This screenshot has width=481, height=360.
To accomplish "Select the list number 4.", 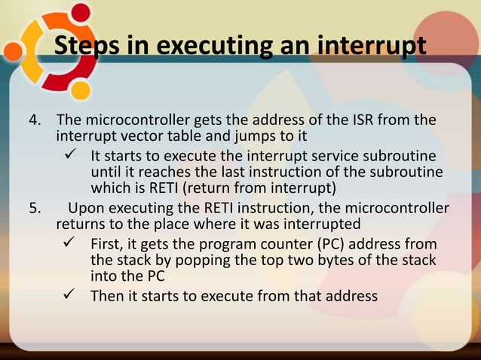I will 32,121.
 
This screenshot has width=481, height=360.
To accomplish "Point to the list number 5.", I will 32,209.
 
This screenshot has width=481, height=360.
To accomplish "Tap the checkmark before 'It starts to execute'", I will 72,156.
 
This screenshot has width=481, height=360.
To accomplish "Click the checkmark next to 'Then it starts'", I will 72,295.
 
